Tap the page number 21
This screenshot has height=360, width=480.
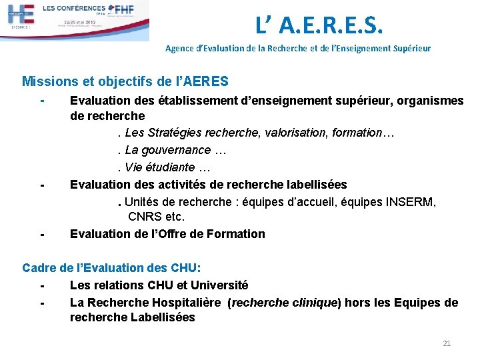click(447, 343)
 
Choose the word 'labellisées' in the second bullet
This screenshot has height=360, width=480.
click(315, 184)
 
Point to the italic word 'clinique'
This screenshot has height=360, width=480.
click(313, 303)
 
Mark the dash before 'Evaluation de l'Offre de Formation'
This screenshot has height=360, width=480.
click(41, 234)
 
